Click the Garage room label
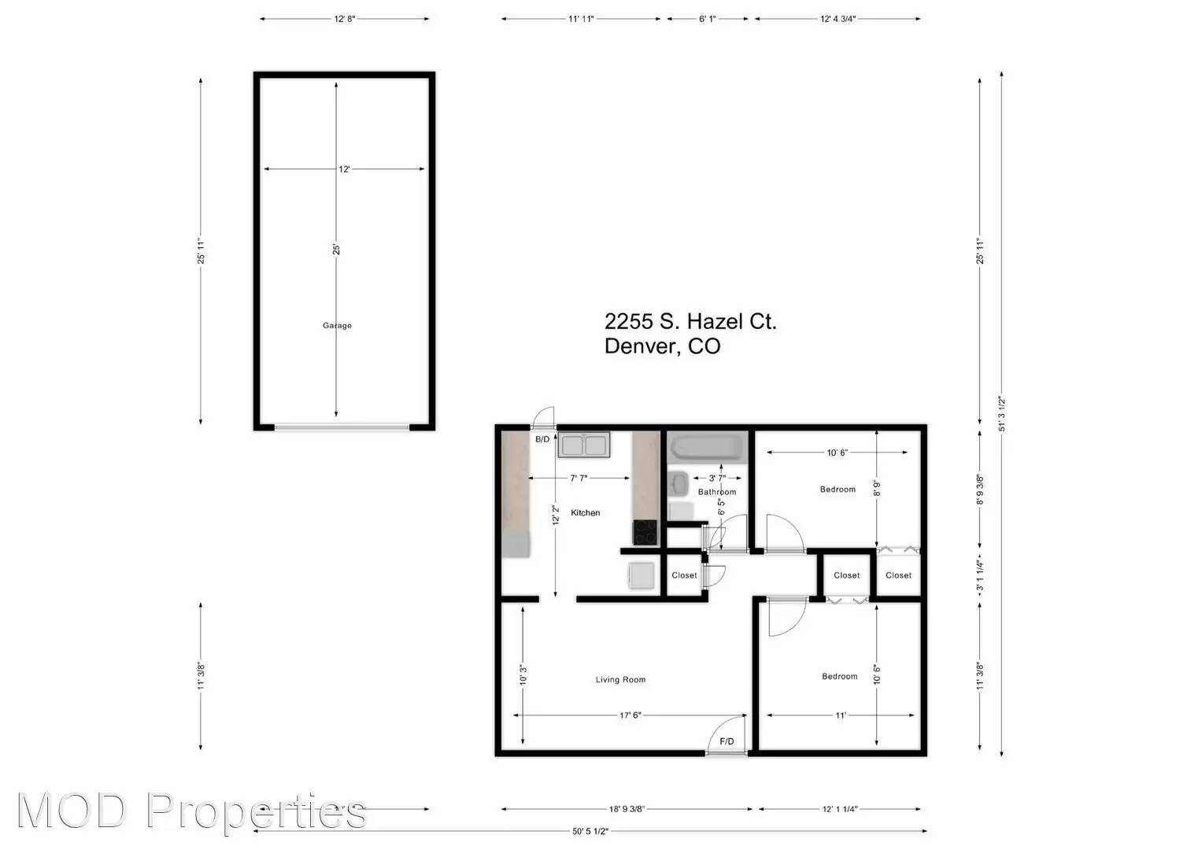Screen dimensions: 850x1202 [337, 326]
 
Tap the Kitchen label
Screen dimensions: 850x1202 [585, 513]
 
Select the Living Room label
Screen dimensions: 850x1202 [620, 680]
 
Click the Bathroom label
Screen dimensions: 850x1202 [717, 492]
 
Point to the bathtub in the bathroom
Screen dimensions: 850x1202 [706, 449]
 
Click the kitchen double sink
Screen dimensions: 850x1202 [584, 445]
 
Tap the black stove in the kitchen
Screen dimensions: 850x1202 [645, 533]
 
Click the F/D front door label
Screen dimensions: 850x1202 [727, 741]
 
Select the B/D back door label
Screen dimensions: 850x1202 [542, 439]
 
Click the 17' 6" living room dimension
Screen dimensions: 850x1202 [631, 715]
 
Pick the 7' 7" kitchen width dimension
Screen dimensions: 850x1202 [579, 479]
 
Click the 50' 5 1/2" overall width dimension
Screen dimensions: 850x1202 [590, 831]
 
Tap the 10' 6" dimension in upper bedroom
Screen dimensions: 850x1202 [838, 453]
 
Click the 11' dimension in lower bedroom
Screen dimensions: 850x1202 [841, 715]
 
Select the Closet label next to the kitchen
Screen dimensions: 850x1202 [684, 575]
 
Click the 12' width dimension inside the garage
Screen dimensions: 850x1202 [344, 169]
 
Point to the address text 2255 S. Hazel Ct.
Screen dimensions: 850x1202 [690, 321]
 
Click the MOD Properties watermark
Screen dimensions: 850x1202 [191, 811]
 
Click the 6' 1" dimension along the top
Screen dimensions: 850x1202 [707, 19]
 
